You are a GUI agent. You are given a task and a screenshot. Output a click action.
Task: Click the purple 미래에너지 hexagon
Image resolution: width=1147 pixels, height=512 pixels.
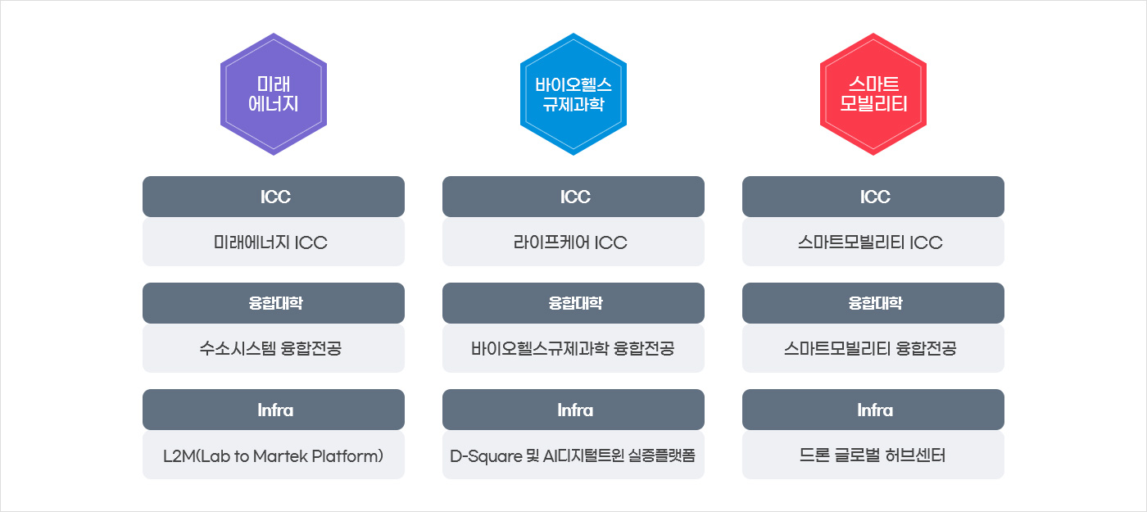point(274,94)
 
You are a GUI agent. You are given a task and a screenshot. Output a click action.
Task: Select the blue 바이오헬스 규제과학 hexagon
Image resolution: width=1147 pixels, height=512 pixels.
point(573,94)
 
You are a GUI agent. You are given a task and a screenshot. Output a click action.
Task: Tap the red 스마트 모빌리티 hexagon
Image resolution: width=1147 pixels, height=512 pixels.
point(873,94)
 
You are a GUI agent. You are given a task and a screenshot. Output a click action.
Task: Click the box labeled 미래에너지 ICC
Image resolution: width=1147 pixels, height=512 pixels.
point(274,242)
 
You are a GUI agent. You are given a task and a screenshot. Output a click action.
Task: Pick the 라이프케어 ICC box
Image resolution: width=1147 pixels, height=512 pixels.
point(573,242)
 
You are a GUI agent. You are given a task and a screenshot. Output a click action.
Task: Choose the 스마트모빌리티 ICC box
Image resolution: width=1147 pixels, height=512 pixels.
point(873,242)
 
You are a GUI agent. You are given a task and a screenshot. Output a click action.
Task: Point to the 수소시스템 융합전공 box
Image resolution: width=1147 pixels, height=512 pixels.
point(274,349)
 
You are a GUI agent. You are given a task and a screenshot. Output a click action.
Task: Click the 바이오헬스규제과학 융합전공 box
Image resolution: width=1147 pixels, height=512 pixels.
point(573,349)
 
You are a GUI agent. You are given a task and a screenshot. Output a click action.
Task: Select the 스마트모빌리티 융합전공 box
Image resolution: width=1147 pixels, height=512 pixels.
point(873,349)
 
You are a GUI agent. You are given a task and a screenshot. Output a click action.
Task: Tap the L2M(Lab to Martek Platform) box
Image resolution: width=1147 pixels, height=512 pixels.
point(274,455)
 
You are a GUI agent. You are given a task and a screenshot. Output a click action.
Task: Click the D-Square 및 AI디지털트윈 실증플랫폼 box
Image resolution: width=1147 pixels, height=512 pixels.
point(573,455)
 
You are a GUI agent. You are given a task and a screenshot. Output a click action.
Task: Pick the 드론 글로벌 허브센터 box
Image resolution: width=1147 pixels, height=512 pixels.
point(873,455)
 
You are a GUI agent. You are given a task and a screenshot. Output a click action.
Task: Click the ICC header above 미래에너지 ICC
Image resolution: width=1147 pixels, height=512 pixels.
point(274,197)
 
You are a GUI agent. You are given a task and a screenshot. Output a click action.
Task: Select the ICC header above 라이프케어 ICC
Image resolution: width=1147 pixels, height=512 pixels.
point(573,197)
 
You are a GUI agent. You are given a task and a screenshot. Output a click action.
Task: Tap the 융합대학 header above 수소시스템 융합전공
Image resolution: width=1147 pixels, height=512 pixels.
point(274,303)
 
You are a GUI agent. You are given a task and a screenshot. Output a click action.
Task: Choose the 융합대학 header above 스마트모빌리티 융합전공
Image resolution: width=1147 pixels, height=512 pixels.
point(873,303)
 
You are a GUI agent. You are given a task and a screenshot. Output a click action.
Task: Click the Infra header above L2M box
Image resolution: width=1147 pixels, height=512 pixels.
point(274,410)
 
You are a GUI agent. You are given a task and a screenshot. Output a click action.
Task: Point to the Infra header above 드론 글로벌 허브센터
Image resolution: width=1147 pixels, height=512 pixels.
point(873,410)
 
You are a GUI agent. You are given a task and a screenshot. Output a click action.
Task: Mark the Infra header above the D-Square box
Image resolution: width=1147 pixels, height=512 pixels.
point(573,410)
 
